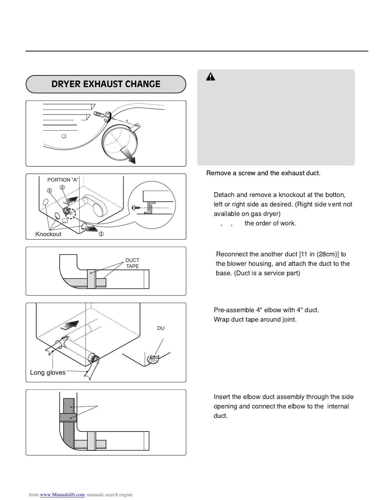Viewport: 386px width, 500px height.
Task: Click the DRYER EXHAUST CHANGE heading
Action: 106,84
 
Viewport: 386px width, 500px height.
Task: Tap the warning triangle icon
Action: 211,77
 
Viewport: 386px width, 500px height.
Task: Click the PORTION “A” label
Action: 63,180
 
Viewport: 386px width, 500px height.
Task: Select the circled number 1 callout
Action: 101,234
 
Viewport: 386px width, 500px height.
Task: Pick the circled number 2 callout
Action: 62,187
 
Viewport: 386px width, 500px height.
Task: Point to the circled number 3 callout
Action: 50,190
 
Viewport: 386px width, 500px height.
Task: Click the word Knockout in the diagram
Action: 48,234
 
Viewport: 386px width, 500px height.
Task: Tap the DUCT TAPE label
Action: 132,263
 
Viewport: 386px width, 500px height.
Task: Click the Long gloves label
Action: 48,372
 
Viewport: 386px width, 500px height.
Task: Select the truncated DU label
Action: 161,328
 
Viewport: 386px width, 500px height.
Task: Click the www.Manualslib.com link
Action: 62,495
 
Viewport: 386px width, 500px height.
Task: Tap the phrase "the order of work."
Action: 270,223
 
